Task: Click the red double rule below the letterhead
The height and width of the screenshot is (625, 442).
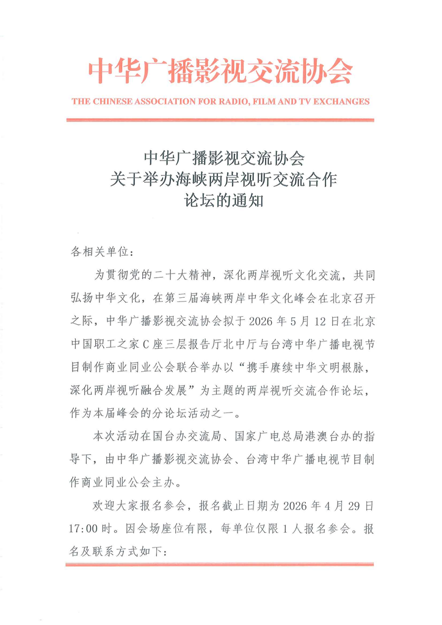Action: [x=221, y=120]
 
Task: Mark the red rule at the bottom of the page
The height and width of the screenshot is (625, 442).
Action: [x=221, y=565]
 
